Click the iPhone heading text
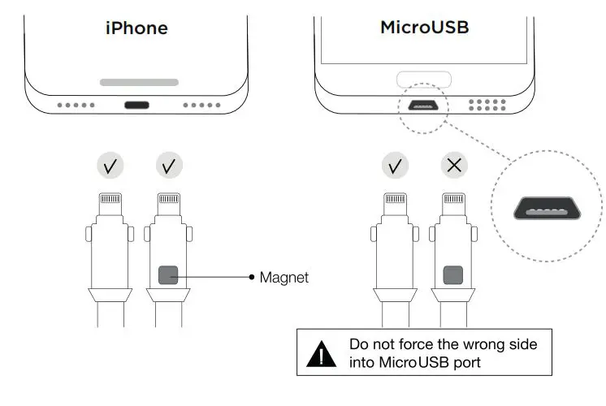pyautogui.click(x=136, y=28)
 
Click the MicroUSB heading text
pyautogui.click(x=425, y=28)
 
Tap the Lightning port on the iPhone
pyautogui.click(x=137, y=105)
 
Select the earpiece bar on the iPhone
pyautogui.click(x=139, y=82)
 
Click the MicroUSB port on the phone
pyautogui.click(x=423, y=105)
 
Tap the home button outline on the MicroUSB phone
pyautogui.click(x=423, y=80)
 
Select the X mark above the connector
pyautogui.click(x=453, y=166)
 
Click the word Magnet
pyautogui.click(x=284, y=278)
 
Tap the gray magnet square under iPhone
pyautogui.click(x=169, y=276)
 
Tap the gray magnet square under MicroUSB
pyautogui.click(x=453, y=276)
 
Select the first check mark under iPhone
pyautogui.click(x=110, y=166)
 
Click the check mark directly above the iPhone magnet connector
pyautogui.click(x=169, y=166)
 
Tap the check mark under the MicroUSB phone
pyautogui.click(x=395, y=166)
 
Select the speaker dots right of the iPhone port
pyautogui.click(x=198, y=105)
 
